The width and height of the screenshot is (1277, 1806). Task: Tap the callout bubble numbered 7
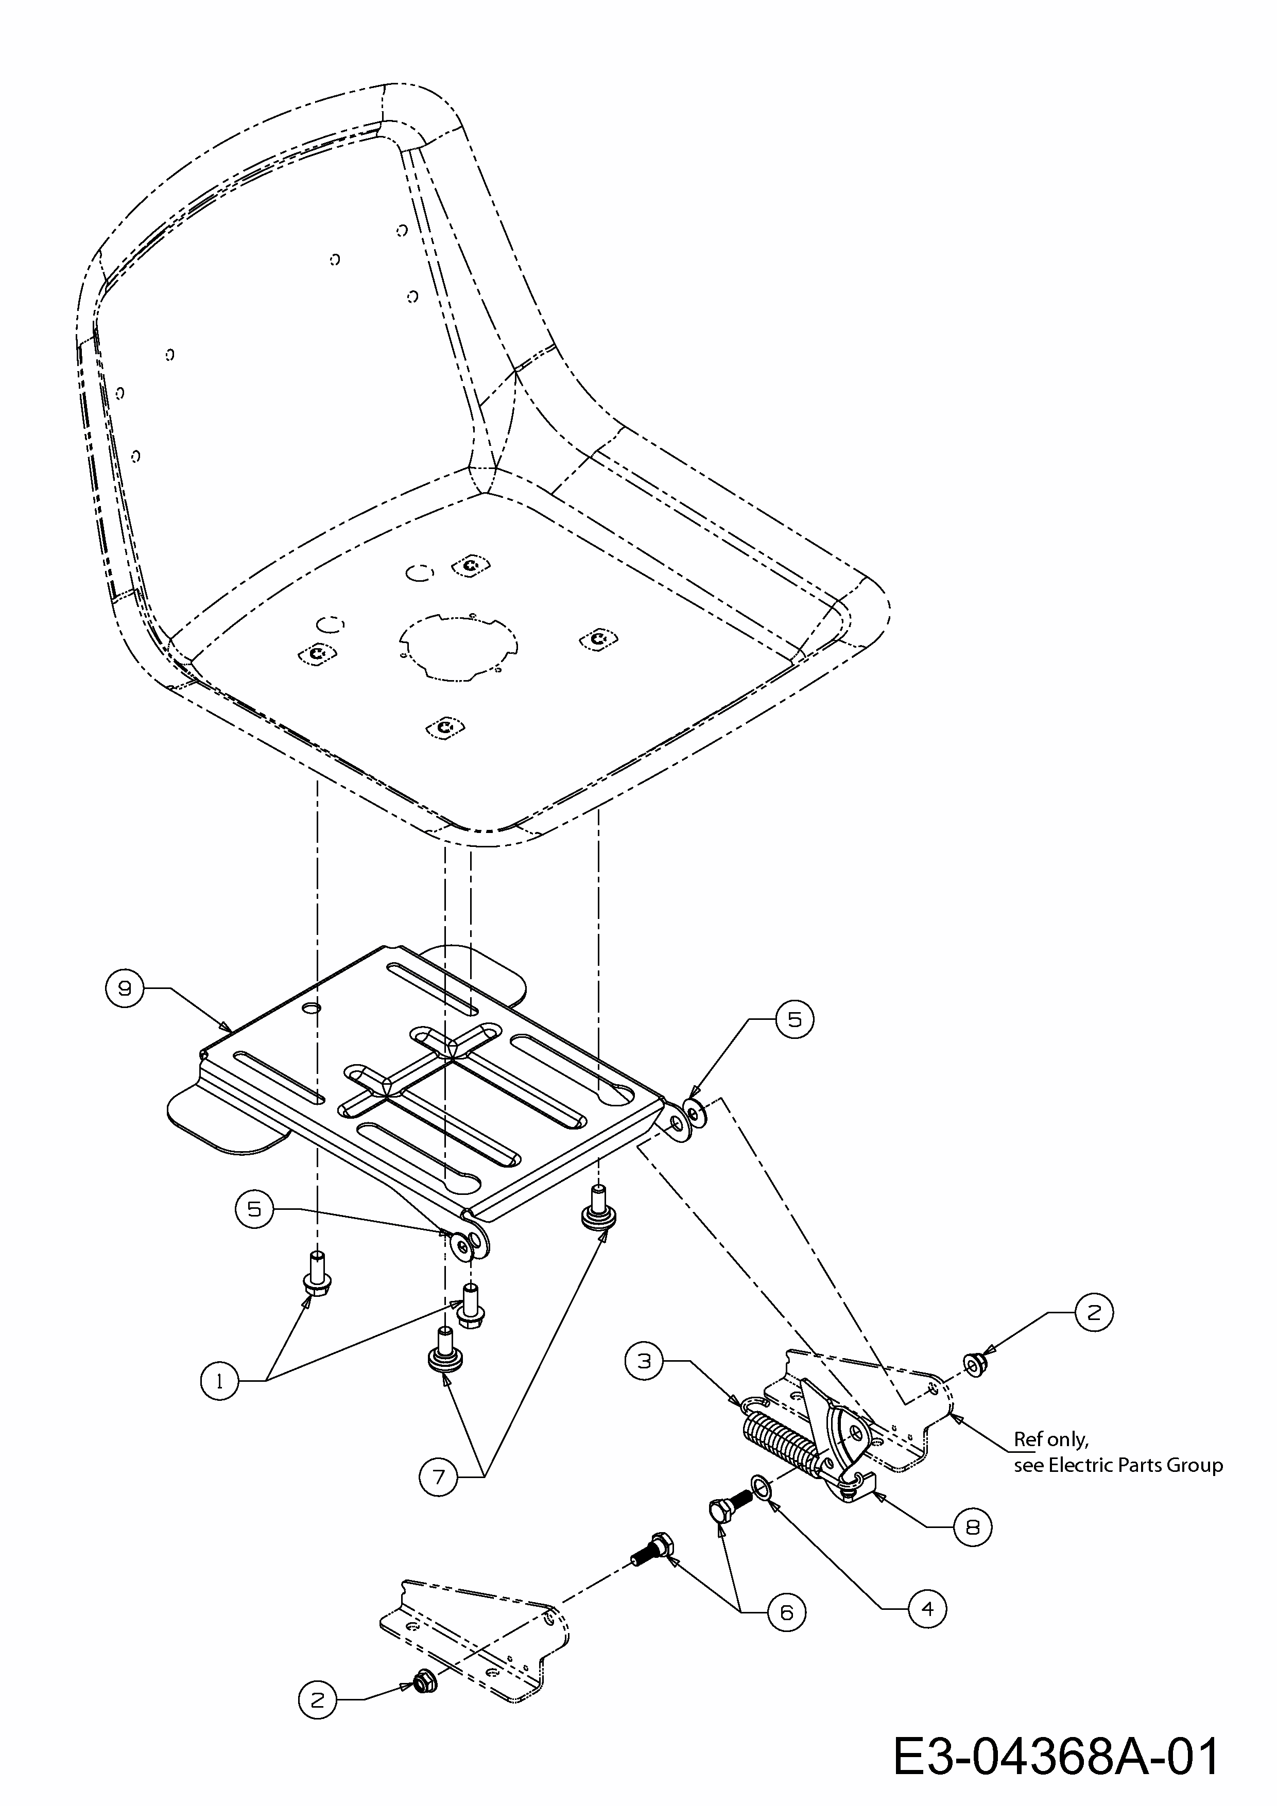pyautogui.click(x=438, y=1477)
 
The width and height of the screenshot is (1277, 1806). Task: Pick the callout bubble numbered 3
pyautogui.click(x=644, y=1360)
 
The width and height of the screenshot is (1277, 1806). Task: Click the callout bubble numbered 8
pyautogui.click(x=973, y=1527)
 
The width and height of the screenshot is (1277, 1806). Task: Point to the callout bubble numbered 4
pyautogui.click(x=928, y=1609)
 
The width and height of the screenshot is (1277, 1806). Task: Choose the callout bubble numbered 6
pyautogui.click(x=786, y=1612)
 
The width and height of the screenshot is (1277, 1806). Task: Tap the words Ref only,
pyautogui.click(x=1050, y=1439)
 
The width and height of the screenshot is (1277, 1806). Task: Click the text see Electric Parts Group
pyautogui.click(x=1117, y=1465)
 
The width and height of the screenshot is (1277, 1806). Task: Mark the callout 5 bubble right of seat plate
pyautogui.click(x=794, y=1019)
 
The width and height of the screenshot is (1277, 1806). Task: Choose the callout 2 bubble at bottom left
pyautogui.click(x=317, y=1700)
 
